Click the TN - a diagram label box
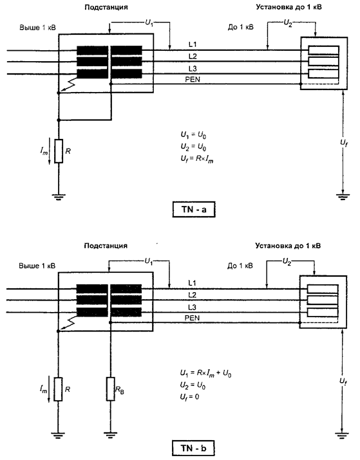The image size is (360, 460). (194, 210)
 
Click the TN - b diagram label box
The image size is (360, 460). (193, 448)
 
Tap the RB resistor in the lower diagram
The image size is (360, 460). (110, 389)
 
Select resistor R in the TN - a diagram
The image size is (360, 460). (59, 151)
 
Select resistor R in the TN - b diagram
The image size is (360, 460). (58, 389)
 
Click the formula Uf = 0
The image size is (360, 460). (189, 397)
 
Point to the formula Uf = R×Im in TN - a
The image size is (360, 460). (196, 159)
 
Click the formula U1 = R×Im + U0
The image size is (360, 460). (205, 373)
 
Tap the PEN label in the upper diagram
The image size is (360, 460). (193, 79)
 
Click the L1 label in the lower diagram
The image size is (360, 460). (192, 283)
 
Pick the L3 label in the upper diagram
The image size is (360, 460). (193, 69)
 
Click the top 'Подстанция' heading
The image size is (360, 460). (106, 7)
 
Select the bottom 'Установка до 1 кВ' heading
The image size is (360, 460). (288, 246)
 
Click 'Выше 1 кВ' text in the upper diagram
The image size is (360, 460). (37, 28)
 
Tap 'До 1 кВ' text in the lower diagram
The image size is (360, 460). (240, 266)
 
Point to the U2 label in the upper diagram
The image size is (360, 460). (288, 23)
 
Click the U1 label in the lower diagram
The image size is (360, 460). (149, 261)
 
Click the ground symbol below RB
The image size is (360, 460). (110, 435)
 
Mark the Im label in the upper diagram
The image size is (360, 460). (44, 151)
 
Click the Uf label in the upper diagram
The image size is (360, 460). (344, 143)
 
